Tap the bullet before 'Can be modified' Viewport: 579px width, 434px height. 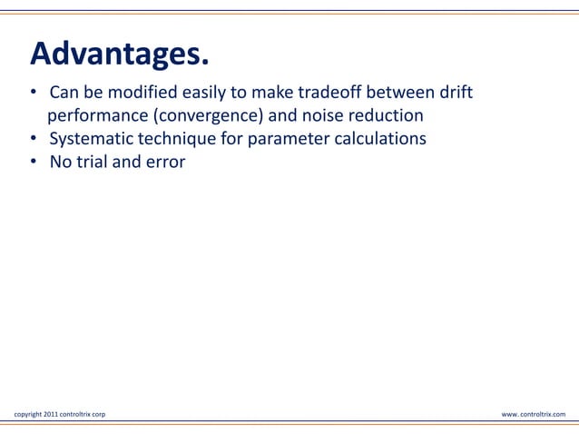(32, 94)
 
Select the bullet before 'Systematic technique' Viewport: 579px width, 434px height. (32, 140)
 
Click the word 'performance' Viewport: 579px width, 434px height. (94, 117)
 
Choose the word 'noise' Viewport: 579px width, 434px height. (319, 116)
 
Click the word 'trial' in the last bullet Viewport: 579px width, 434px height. (92, 163)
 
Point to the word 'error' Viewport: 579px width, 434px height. (163, 163)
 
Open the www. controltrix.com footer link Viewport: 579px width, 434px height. (533, 414)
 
